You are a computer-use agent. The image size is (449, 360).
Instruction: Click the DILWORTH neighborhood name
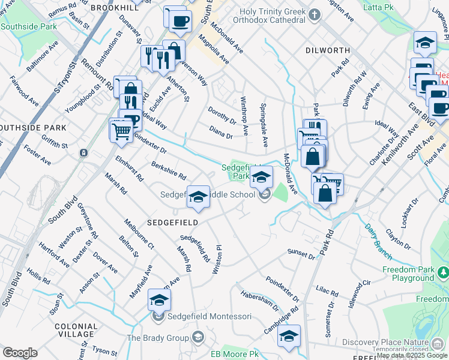[327, 51]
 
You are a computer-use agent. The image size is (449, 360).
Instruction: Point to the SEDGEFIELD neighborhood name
[173, 222]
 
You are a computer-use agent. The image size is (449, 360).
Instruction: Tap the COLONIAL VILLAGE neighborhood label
[75, 330]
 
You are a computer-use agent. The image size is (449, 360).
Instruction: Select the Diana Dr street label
[221, 132]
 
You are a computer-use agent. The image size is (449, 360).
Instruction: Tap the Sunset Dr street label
[301, 254]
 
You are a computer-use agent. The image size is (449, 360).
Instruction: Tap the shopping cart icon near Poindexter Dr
[121, 130]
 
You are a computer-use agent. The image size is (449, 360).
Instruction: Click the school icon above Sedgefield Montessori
[159, 299]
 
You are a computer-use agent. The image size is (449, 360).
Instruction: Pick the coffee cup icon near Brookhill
[179, 22]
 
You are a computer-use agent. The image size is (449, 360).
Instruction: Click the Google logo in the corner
[20, 353]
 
